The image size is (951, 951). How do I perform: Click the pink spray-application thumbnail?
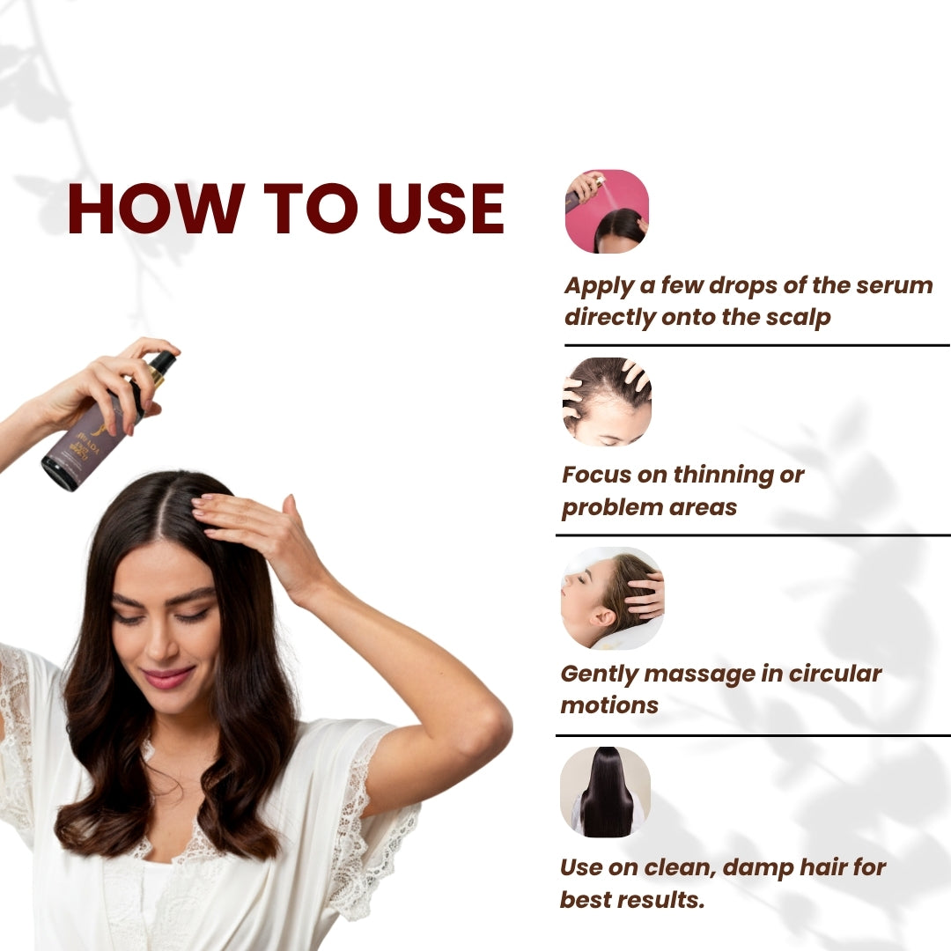[607, 211]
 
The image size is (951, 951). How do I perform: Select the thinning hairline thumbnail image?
[607, 401]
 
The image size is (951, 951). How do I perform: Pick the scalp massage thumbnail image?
[612, 598]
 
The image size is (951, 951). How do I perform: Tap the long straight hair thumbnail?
[606, 792]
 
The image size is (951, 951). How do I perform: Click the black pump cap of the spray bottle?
[160, 363]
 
